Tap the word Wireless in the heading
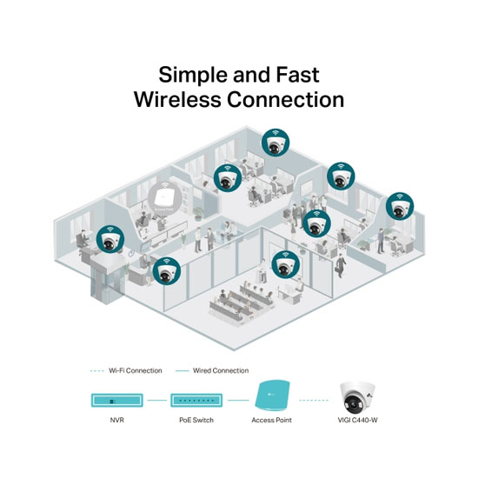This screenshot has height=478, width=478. tap(177, 99)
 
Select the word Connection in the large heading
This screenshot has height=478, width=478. tap(286, 100)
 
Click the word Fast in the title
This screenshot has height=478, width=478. tap(297, 75)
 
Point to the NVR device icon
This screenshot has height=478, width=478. tap(117, 401)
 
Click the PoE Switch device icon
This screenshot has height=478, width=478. tap(196, 401)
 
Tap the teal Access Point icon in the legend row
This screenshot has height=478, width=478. tap(272, 395)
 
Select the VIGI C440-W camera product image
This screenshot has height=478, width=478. tap(357, 397)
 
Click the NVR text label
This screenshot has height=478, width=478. tap(117, 420)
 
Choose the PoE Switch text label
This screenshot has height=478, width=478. tap(196, 420)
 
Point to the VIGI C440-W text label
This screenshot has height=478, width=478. tap(357, 420)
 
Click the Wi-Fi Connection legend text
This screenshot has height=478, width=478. tap(136, 371)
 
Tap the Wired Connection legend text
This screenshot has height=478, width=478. tap(221, 371)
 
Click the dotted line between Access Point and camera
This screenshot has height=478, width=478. tap(314, 401)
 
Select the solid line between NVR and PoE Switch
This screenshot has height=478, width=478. tap(157, 401)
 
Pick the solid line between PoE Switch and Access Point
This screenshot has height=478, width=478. tap(238, 401)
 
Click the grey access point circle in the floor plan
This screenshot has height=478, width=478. tap(165, 198)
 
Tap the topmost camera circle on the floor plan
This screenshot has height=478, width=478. tap(276, 143)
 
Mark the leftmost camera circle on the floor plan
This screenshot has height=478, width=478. tap(110, 239)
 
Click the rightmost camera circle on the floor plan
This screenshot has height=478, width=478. tap(400, 206)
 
